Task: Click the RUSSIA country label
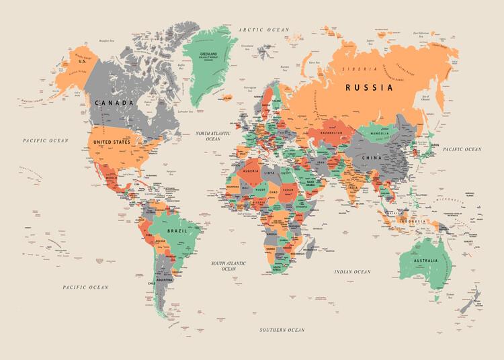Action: click(x=369, y=87)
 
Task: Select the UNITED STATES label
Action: click(x=112, y=142)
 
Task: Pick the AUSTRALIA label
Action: click(x=421, y=261)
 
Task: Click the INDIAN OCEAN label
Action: click(x=352, y=272)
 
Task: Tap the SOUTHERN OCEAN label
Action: click(x=282, y=330)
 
